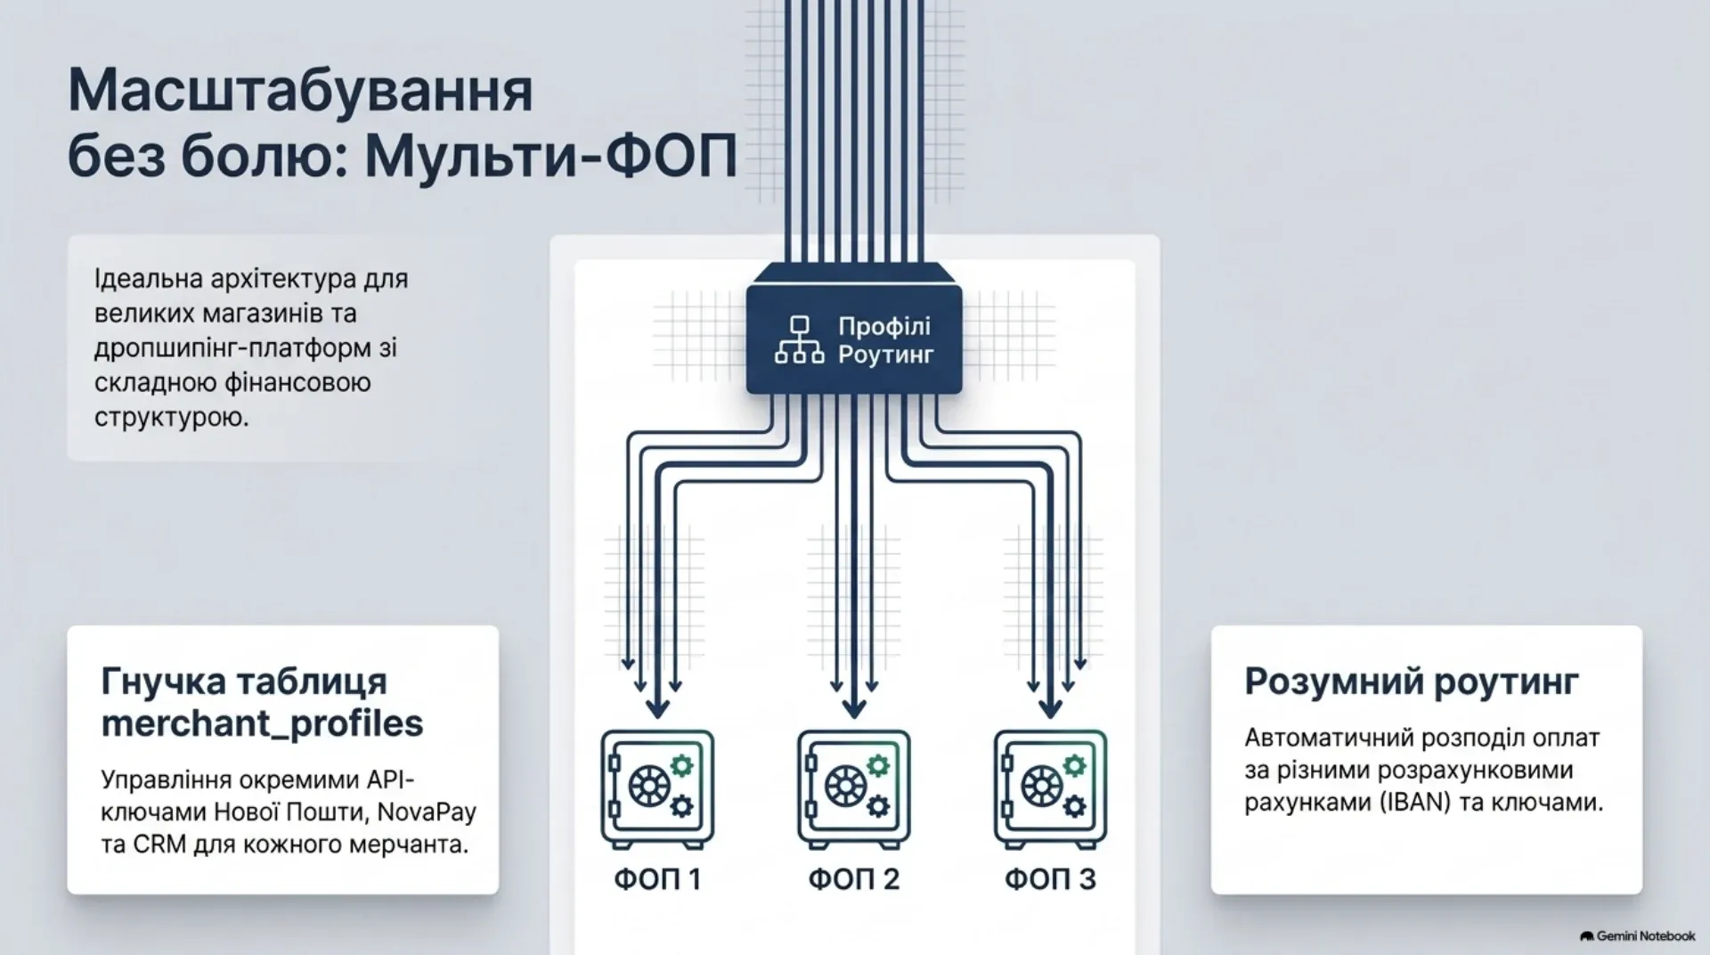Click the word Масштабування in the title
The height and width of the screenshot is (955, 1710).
tap(301, 91)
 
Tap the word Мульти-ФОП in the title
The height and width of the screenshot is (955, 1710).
tap(551, 158)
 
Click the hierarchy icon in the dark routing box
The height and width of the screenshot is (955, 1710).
tap(799, 339)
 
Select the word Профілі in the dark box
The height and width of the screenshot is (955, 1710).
tap(884, 326)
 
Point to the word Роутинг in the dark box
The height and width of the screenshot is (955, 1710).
tap(886, 355)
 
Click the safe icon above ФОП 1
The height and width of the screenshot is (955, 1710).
tap(657, 788)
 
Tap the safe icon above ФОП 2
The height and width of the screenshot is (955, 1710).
tap(854, 788)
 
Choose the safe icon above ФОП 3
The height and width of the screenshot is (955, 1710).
tap(1051, 788)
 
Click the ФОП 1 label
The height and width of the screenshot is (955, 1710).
tap(657, 879)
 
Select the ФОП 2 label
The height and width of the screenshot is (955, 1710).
tap(854, 879)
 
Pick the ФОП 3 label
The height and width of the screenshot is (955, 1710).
tap(1051, 879)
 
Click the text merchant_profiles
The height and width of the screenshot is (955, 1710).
tap(262, 723)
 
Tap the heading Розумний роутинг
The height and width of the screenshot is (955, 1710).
tap(1412, 682)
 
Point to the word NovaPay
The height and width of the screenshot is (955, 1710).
tap(427, 812)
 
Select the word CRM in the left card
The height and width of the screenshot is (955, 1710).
tap(160, 844)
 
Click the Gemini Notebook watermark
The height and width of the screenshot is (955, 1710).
tap(1638, 935)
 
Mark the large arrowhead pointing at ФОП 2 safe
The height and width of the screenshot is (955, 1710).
tap(854, 706)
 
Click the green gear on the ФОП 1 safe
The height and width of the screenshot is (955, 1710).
tap(682, 765)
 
